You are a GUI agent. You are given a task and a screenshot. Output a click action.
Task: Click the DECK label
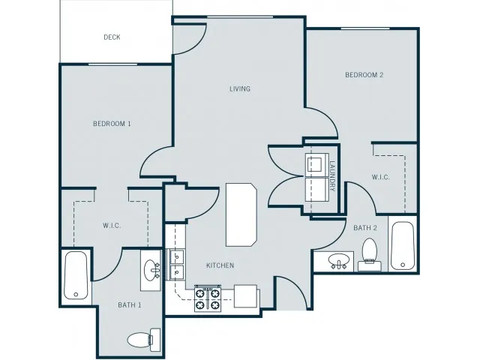[x=112, y=37]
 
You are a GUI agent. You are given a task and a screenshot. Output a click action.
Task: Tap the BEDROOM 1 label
[x=112, y=124]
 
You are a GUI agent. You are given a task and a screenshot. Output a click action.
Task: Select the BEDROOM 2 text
[x=364, y=75]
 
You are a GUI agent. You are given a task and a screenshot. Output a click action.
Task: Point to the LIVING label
[x=240, y=88]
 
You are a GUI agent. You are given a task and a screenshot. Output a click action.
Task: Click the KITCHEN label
[x=220, y=265]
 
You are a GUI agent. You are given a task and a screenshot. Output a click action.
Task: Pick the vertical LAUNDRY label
[x=332, y=176]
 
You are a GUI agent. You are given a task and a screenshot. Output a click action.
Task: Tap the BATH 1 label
[x=130, y=305]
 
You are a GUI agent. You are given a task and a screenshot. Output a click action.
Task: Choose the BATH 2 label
[x=365, y=228]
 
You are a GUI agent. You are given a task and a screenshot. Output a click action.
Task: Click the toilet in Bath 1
[x=144, y=340]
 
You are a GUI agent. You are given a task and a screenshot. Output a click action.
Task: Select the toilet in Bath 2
[x=370, y=255]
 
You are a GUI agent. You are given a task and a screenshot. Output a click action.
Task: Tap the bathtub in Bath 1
[x=76, y=275]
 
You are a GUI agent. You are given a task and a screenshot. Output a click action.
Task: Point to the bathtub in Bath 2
[x=403, y=246]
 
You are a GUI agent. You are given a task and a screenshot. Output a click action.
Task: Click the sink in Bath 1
[x=151, y=270]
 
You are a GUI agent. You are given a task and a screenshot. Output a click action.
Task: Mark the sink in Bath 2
[x=338, y=261]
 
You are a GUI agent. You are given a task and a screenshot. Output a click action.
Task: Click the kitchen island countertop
[x=241, y=214]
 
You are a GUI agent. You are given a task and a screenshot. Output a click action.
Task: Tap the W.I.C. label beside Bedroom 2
[x=380, y=177]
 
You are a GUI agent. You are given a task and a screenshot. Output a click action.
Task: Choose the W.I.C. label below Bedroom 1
[x=112, y=226]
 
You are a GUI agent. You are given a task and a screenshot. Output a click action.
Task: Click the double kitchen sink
[x=177, y=264]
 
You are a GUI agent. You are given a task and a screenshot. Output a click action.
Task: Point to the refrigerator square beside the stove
[x=245, y=296]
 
